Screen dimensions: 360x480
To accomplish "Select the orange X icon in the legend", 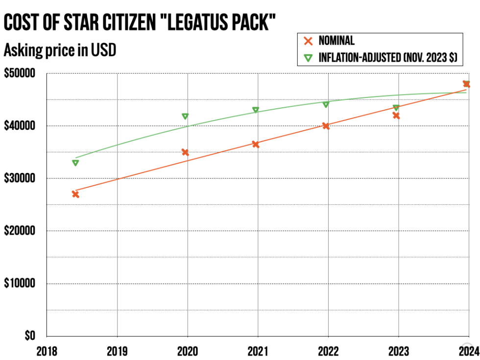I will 308,41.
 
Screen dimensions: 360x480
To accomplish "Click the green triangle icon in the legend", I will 308,58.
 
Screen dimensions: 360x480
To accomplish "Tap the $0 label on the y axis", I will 30,336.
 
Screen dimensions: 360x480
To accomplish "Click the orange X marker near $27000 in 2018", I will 75,194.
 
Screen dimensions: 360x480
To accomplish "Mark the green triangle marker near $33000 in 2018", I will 75,163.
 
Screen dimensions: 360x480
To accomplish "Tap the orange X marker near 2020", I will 185,152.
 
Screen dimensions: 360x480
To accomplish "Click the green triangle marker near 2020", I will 185,116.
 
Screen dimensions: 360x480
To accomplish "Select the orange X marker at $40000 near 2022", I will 326,126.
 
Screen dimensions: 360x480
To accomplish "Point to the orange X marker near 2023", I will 396,116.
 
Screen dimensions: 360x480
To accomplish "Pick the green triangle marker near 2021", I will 256,110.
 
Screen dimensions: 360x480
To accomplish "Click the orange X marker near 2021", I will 256,144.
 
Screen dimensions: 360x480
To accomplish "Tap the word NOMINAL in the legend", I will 336,41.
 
